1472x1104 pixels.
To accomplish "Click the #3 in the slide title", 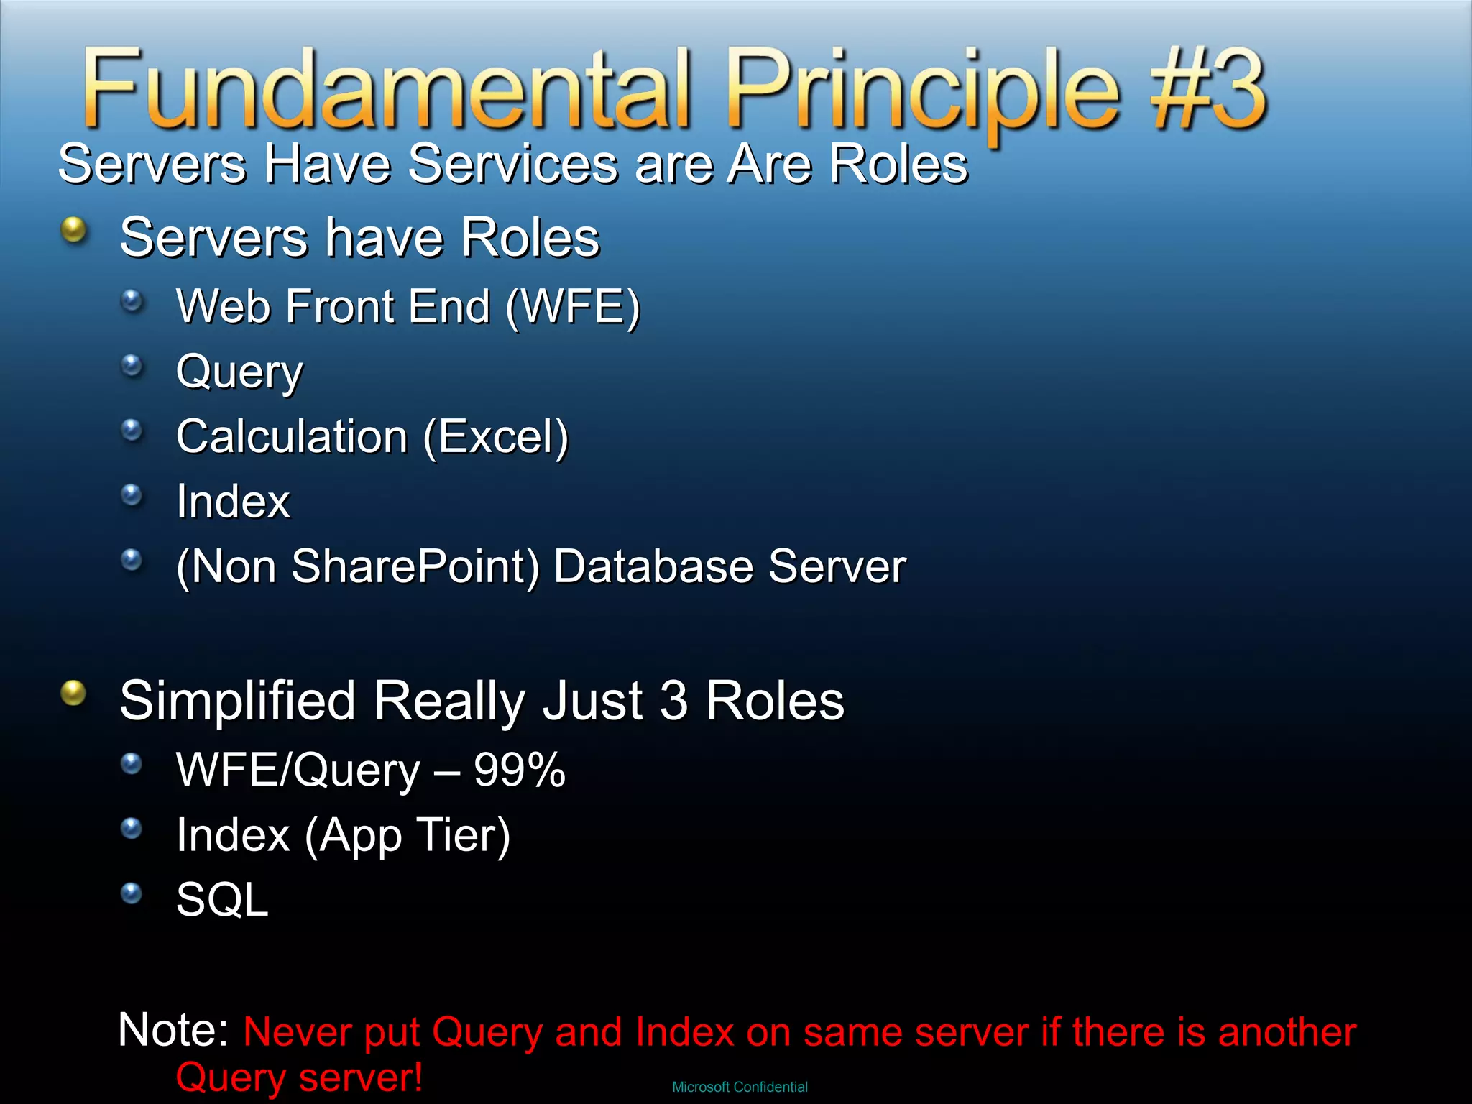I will pos(1207,90).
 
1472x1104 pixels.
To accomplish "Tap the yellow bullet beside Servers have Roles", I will pos(73,231).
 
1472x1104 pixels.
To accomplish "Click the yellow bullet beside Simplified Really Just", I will pos(73,694).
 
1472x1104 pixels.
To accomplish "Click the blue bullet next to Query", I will pos(132,365).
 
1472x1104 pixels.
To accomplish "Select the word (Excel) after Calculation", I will pos(495,437).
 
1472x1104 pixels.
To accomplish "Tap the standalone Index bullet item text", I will pos(233,501).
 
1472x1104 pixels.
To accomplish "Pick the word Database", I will pos(653,566).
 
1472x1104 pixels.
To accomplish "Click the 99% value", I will pos(519,770).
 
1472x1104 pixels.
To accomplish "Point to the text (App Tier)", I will pos(407,836).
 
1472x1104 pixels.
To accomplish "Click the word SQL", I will pos(222,900).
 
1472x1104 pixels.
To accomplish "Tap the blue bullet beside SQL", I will pos(132,893).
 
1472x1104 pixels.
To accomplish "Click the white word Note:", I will pos(173,1029).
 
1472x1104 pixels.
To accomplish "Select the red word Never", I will pos(297,1032).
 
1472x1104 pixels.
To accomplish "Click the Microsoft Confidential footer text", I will pos(740,1087).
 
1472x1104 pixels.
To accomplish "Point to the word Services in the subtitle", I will pos(513,164).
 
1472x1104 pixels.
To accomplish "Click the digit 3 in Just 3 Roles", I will pos(673,701).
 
